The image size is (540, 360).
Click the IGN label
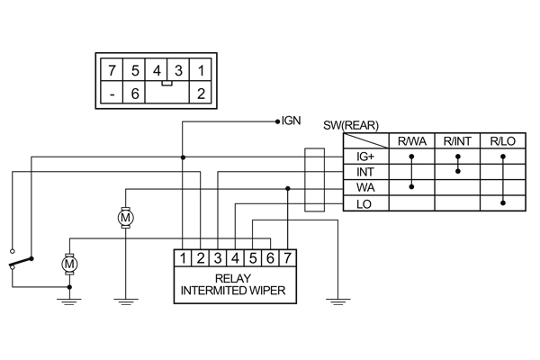(x=291, y=120)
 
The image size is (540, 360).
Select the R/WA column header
(x=411, y=142)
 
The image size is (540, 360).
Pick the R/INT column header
(x=457, y=142)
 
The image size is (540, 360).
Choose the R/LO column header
(x=503, y=142)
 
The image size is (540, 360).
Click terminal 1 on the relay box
(x=183, y=259)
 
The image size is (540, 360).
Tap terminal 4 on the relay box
(x=235, y=259)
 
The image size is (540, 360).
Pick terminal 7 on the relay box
(x=286, y=259)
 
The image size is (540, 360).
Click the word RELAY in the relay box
(x=234, y=278)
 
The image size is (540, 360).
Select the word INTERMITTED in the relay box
(x=212, y=291)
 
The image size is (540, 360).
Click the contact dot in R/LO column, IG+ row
(x=503, y=157)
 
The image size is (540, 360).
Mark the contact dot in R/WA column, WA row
(x=411, y=187)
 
